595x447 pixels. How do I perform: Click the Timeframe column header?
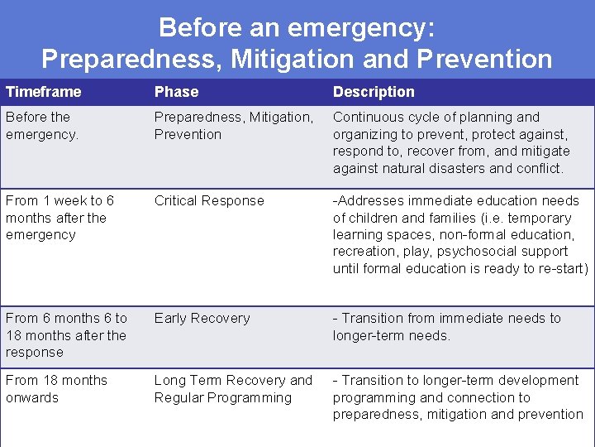[43, 92]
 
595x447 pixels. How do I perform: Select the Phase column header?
[176, 92]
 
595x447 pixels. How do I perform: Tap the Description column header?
[374, 92]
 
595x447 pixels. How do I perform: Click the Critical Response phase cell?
[209, 201]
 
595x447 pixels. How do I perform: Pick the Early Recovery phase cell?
[202, 319]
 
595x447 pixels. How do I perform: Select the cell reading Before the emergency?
[42, 126]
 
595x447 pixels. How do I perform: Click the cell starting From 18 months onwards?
[56, 389]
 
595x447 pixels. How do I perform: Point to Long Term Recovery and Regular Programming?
[233, 389]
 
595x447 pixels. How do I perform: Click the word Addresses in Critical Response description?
[371, 201]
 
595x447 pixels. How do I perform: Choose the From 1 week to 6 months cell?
[59, 218]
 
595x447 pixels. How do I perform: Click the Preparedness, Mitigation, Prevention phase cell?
[233, 126]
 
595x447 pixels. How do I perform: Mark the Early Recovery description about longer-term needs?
[446, 327]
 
